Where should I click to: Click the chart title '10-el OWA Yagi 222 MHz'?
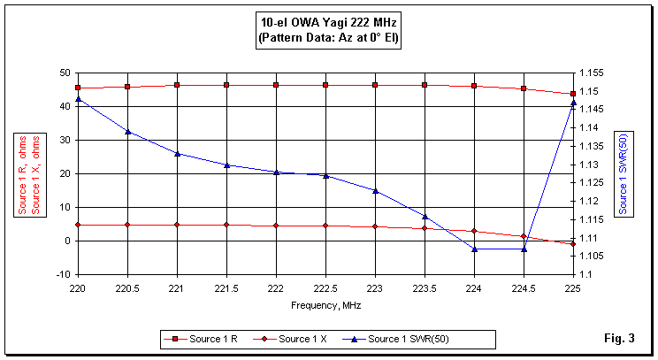click(x=328, y=23)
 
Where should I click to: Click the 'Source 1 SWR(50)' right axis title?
click(x=623, y=173)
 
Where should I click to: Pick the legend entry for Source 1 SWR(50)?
click(x=402, y=339)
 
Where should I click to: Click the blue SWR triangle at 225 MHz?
click(x=573, y=103)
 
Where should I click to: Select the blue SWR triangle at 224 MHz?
click(x=474, y=249)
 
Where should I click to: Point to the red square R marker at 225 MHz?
click(x=573, y=94)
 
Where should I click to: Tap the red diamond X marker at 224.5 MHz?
click(x=524, y=236)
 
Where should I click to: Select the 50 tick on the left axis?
click(x=65, y=73)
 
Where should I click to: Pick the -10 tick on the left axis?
click(x=63, y=274)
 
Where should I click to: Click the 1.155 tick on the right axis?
click(x=592, y=73)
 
